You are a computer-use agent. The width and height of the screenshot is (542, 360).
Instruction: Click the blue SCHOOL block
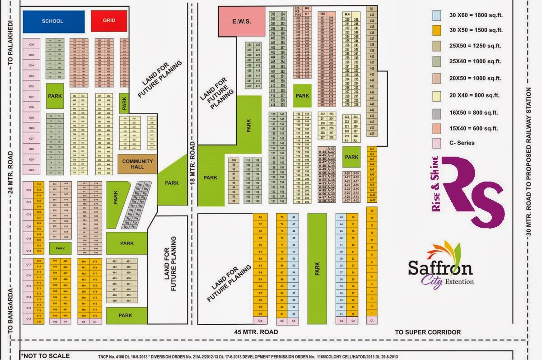coord(53,21)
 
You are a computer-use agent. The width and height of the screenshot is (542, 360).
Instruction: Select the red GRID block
coord(109,21)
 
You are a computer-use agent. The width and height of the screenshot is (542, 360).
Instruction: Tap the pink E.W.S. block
coord(242,21)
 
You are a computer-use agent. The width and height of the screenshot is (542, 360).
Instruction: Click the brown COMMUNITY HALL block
coord(137,164)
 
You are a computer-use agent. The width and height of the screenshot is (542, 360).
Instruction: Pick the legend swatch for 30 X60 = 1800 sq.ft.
coord(437,15)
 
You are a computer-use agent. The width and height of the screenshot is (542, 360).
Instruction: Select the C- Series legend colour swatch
coord(437,143)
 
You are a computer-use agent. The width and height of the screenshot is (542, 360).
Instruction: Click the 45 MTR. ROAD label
coord(256,332)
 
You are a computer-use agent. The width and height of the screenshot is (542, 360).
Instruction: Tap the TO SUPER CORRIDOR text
coord(428,332)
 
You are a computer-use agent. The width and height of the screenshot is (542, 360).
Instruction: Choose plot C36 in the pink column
coord(32,45)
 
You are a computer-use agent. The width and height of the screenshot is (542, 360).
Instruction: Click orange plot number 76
coord(260,217)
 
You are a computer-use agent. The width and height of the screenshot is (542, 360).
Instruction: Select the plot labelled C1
coord(372,321)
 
